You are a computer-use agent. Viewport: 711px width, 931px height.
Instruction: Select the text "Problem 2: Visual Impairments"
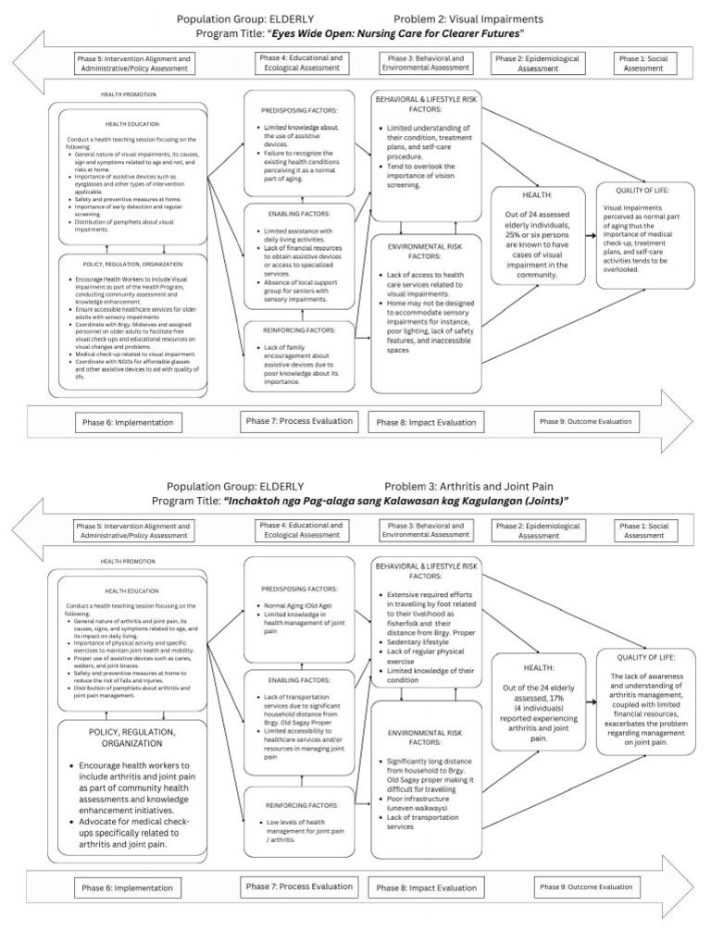pyautogui.click(x=468, y=19)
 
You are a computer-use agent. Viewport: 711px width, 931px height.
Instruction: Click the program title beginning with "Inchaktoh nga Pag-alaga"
pyautogui.click(x=395, y=501)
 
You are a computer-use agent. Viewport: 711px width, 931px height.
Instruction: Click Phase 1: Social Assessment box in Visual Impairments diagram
pyautogui.click(x=643, y=63)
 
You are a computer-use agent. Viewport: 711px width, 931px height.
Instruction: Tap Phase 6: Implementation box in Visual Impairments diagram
pyautogui.click(x=131, y=422)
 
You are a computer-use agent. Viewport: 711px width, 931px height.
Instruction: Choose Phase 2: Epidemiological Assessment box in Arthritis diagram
pyautogui.click(x=538, y=530)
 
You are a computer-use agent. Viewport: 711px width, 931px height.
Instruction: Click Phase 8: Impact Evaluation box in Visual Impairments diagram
pyautogui.click(x=426, y=422)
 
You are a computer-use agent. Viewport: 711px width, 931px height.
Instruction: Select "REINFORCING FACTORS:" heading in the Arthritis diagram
pyautogui.click(x=298, y=805)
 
